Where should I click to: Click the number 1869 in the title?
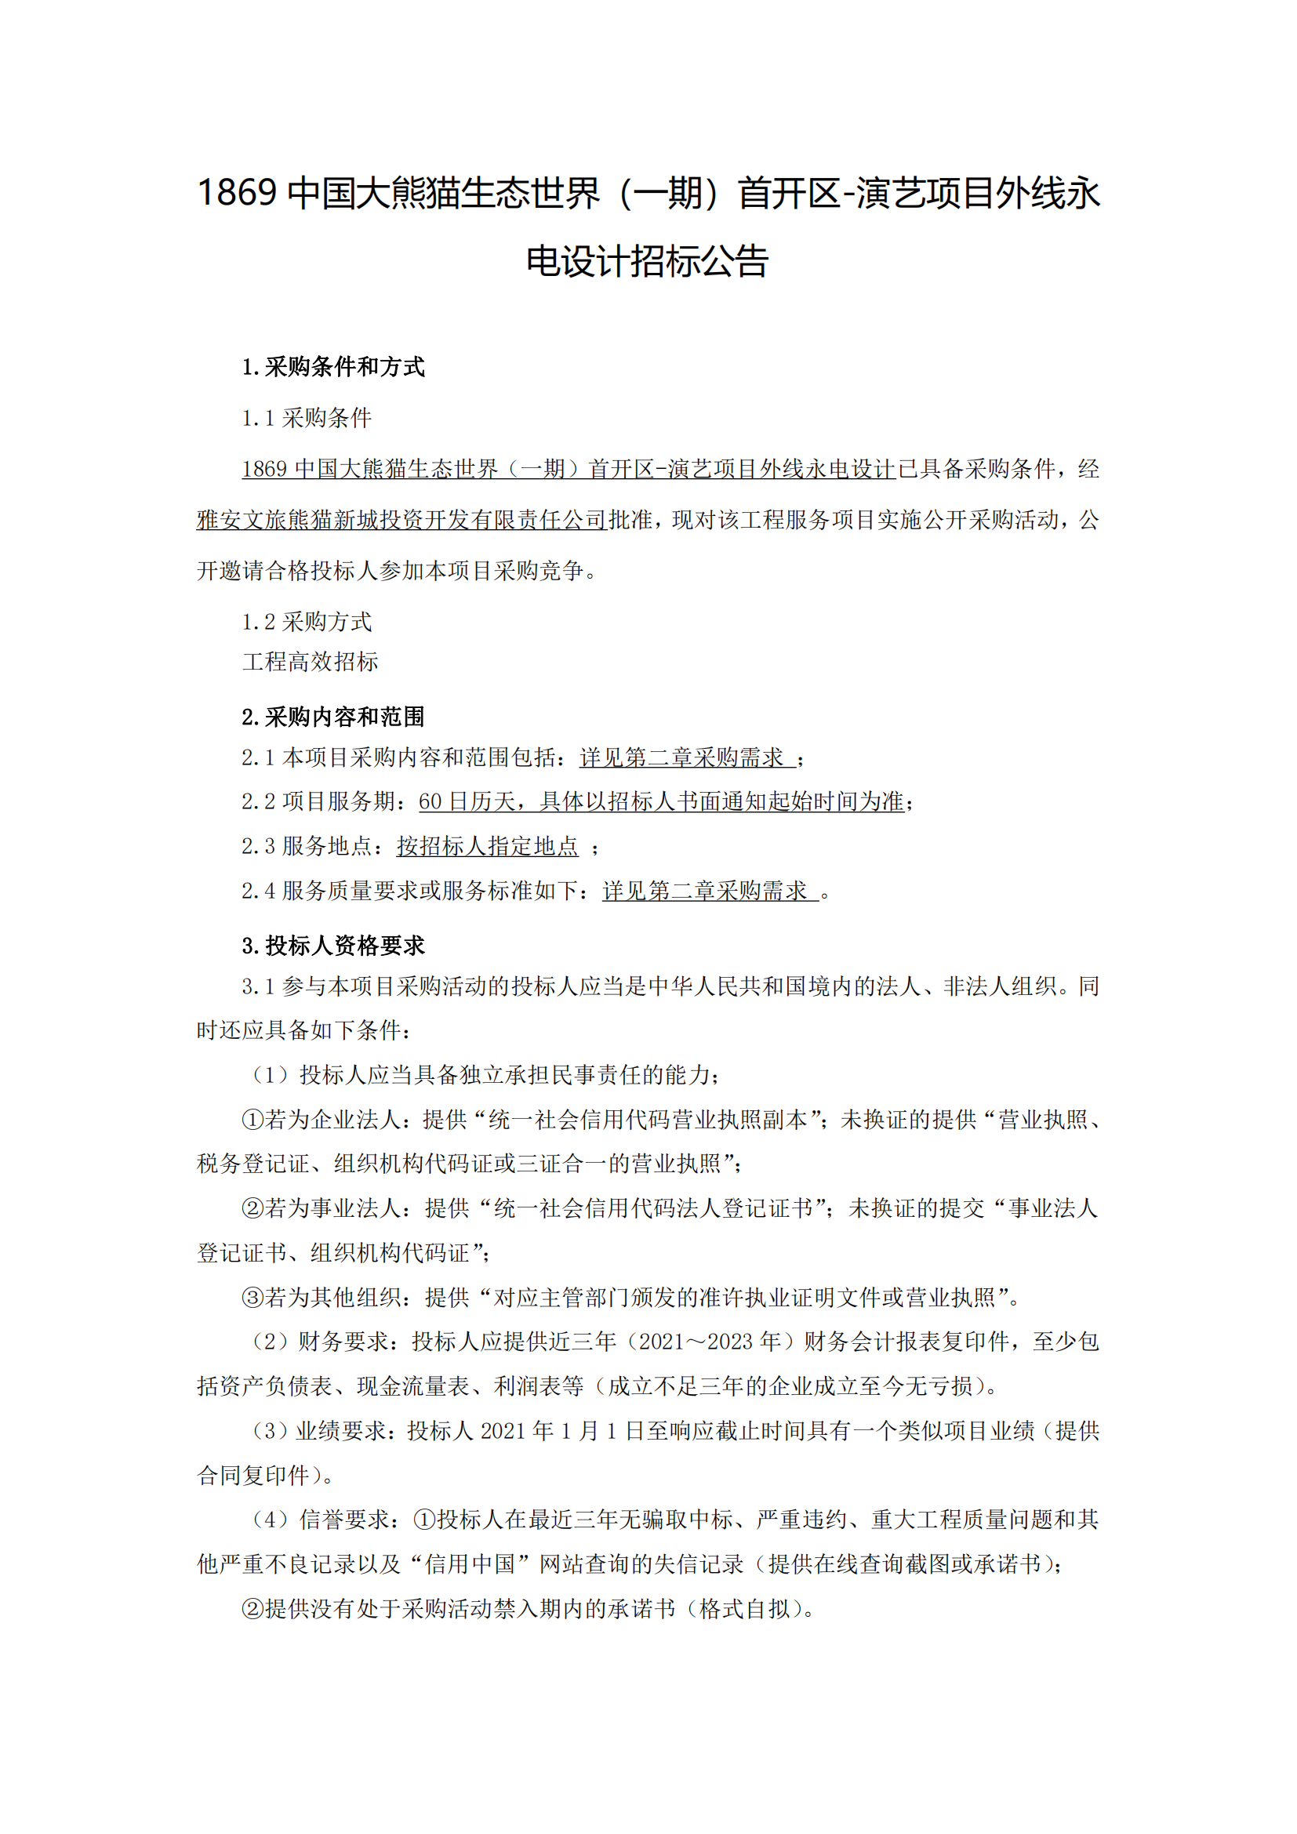(x=236, y=194)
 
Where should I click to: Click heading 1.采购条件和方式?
(x=333, y=367)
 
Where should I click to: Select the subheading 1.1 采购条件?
(x=307, y=418)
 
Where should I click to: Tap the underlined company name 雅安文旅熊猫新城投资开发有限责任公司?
(x=401, y=520)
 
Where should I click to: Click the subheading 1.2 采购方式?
(x=307, y=622)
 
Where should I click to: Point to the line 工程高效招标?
(x=310, y=662)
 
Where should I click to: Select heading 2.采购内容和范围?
(x=333, y=717)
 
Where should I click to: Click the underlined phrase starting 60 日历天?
(x=660, y=801)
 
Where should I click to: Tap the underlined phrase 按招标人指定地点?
(x=487, y=846)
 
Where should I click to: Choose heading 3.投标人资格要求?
(x=333, y=946)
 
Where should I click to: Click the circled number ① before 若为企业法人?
(x=252, y=1120)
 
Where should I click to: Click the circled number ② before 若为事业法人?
(x=252, y=1208)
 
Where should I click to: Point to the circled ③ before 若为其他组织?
(x=252, y=1297)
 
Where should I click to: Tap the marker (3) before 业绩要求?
(x=270, y=1431)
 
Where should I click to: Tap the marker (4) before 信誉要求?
(x=270, y=1520)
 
